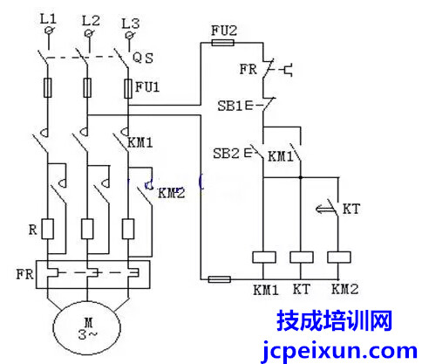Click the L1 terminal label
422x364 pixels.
click(x=48, y=19)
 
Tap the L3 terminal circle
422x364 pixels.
click(x=130, y=35)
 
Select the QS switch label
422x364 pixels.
click(x=143, y=58)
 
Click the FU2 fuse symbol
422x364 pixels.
click(x=222, y=43)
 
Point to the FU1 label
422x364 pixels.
click(x=147, y=86)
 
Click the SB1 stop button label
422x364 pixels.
click(x=230, y=106)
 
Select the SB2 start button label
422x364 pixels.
click(x=226, y=153)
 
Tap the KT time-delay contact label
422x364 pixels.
click(x=351, y=209)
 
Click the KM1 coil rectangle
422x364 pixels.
click(x=264, y=258)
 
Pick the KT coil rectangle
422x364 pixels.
click(x=302, y=258)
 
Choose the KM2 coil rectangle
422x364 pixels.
click(x=339, y=258)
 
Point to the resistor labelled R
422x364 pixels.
click(x=48, y=230)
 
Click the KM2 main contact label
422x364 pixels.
click(x=172, y=193)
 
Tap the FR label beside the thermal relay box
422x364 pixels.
click(x=24, y=274)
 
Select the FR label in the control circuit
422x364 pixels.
click(x=248, y=69)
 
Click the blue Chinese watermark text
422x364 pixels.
click(x=335, y=320)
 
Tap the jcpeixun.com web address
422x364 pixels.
click(x=339, y=351)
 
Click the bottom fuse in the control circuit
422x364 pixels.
click(x=220, y=279)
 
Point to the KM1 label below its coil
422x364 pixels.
click(x=266, y=290)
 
